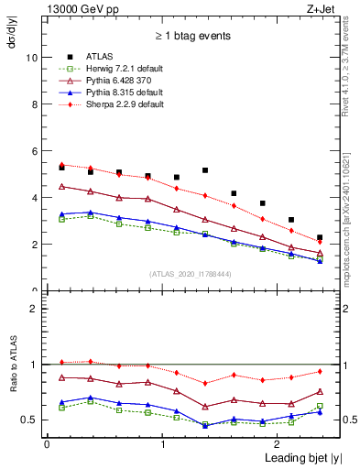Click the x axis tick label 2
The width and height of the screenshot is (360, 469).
278,443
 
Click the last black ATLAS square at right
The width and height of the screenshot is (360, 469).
320,237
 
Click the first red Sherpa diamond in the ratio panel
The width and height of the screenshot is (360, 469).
61,362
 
